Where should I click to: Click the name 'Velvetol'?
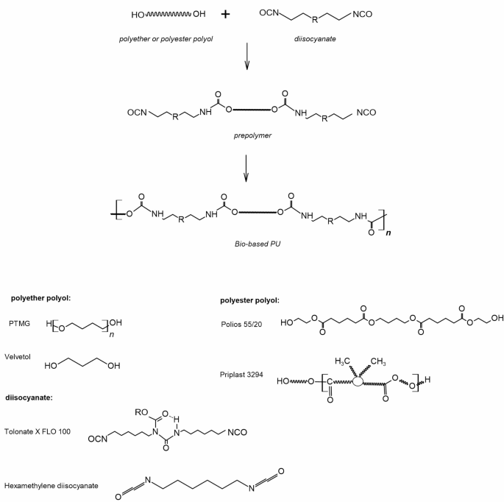click(x=24, y=355)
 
